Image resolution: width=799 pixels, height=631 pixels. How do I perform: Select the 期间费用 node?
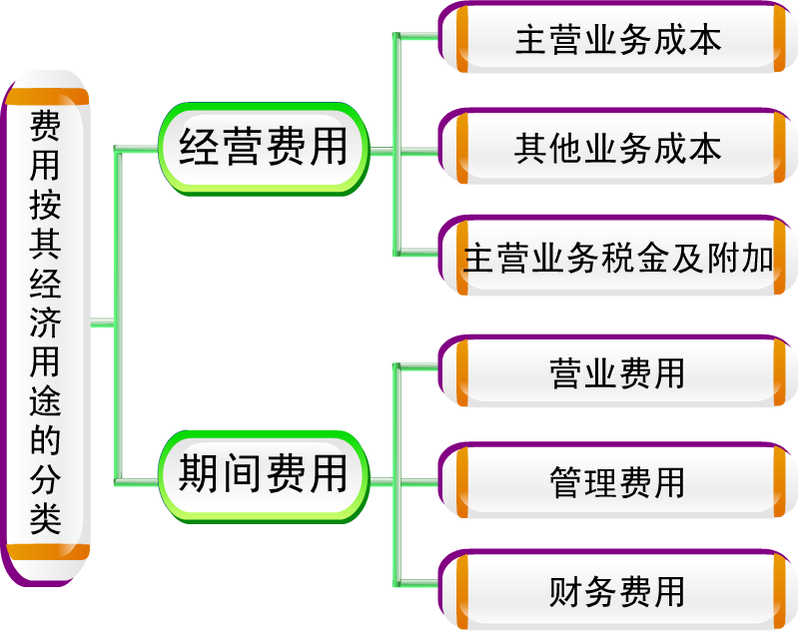264,473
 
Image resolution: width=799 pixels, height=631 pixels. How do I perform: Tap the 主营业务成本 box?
618,40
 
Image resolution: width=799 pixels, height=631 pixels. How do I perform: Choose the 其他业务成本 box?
618,149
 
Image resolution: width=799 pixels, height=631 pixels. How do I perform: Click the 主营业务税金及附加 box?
618,258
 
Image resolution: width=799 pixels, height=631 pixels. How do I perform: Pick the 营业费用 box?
618,373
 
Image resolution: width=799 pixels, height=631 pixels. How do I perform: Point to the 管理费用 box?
618,482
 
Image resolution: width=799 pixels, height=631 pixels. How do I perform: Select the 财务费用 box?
618,591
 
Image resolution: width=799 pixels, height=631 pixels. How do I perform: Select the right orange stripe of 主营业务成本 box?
779,40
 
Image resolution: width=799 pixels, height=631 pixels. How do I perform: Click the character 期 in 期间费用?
200,473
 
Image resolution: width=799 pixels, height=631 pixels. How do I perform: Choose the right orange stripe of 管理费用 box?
779,482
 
